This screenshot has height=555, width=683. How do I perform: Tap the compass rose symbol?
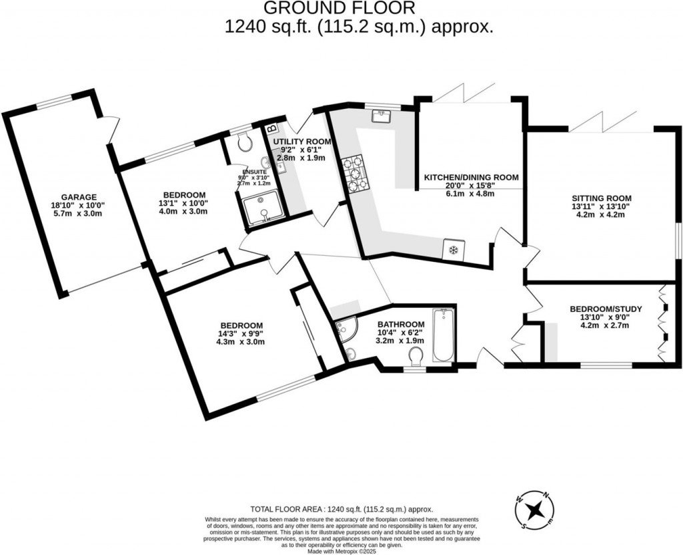pyautogui.click(x=534, y=511)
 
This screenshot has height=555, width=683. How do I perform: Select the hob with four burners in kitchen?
pyautogui.click(x=356, y=173)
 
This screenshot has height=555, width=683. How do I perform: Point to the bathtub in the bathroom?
pyautogui.click(x=443, y=335)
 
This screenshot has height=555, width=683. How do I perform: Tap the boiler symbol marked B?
pyautogui.click(x=271, y=127)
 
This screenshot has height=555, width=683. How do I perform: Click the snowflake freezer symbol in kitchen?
pyautogui.click(x=453, y=250)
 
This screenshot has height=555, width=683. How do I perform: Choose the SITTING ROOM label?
pyautogui.click(x=601, y=198)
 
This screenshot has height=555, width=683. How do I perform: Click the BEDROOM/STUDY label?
pyautogui.click(x=606, y=309)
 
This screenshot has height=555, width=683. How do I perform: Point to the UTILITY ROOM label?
pyautogui.click(x=302, y=142)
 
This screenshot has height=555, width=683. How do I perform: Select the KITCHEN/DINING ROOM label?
pyautogui.click(x=472, y=178)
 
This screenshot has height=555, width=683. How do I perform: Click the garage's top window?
pyautogui.click(x=53, y=102)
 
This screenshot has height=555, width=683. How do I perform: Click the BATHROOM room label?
pyautogui.click(x=402, y=324)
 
